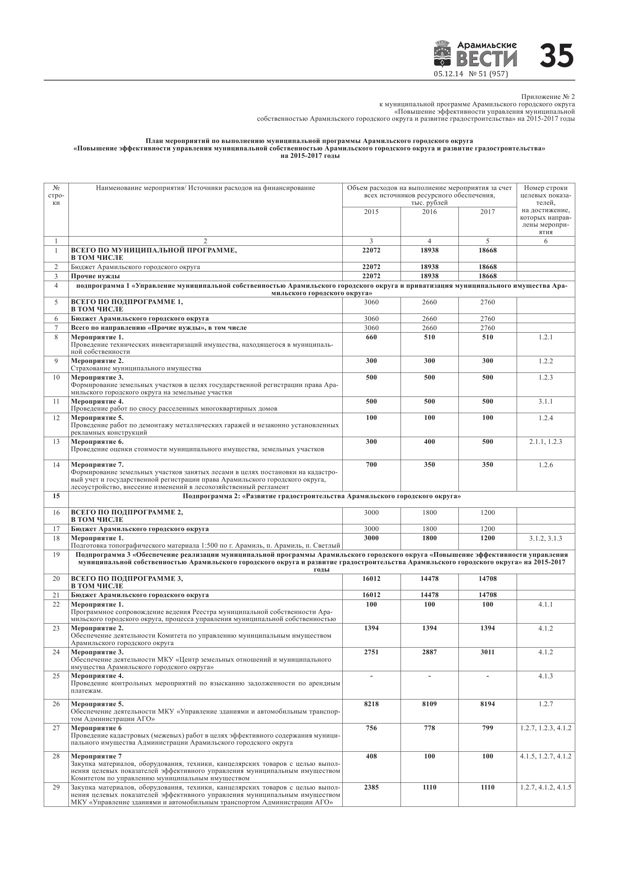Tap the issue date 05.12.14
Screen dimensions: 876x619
[x=448, y=74]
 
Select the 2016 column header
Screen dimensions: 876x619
[x=429, y=212]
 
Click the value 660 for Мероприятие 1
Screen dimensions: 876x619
[x=371, y=337]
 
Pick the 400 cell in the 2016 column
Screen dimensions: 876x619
[x=429, y=441]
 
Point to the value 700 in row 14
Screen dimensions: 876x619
[x=371, y=464]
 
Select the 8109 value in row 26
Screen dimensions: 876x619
[x=429, y=704]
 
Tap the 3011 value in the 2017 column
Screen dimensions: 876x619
[x=487, y=652]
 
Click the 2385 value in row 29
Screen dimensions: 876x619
[x=371, y=787]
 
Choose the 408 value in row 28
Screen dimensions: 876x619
[x=371, y=756]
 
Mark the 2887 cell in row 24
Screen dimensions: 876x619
[x=429, y=652]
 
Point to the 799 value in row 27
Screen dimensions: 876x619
[x=487, y=728]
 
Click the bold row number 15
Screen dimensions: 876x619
[x=56, y=496]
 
